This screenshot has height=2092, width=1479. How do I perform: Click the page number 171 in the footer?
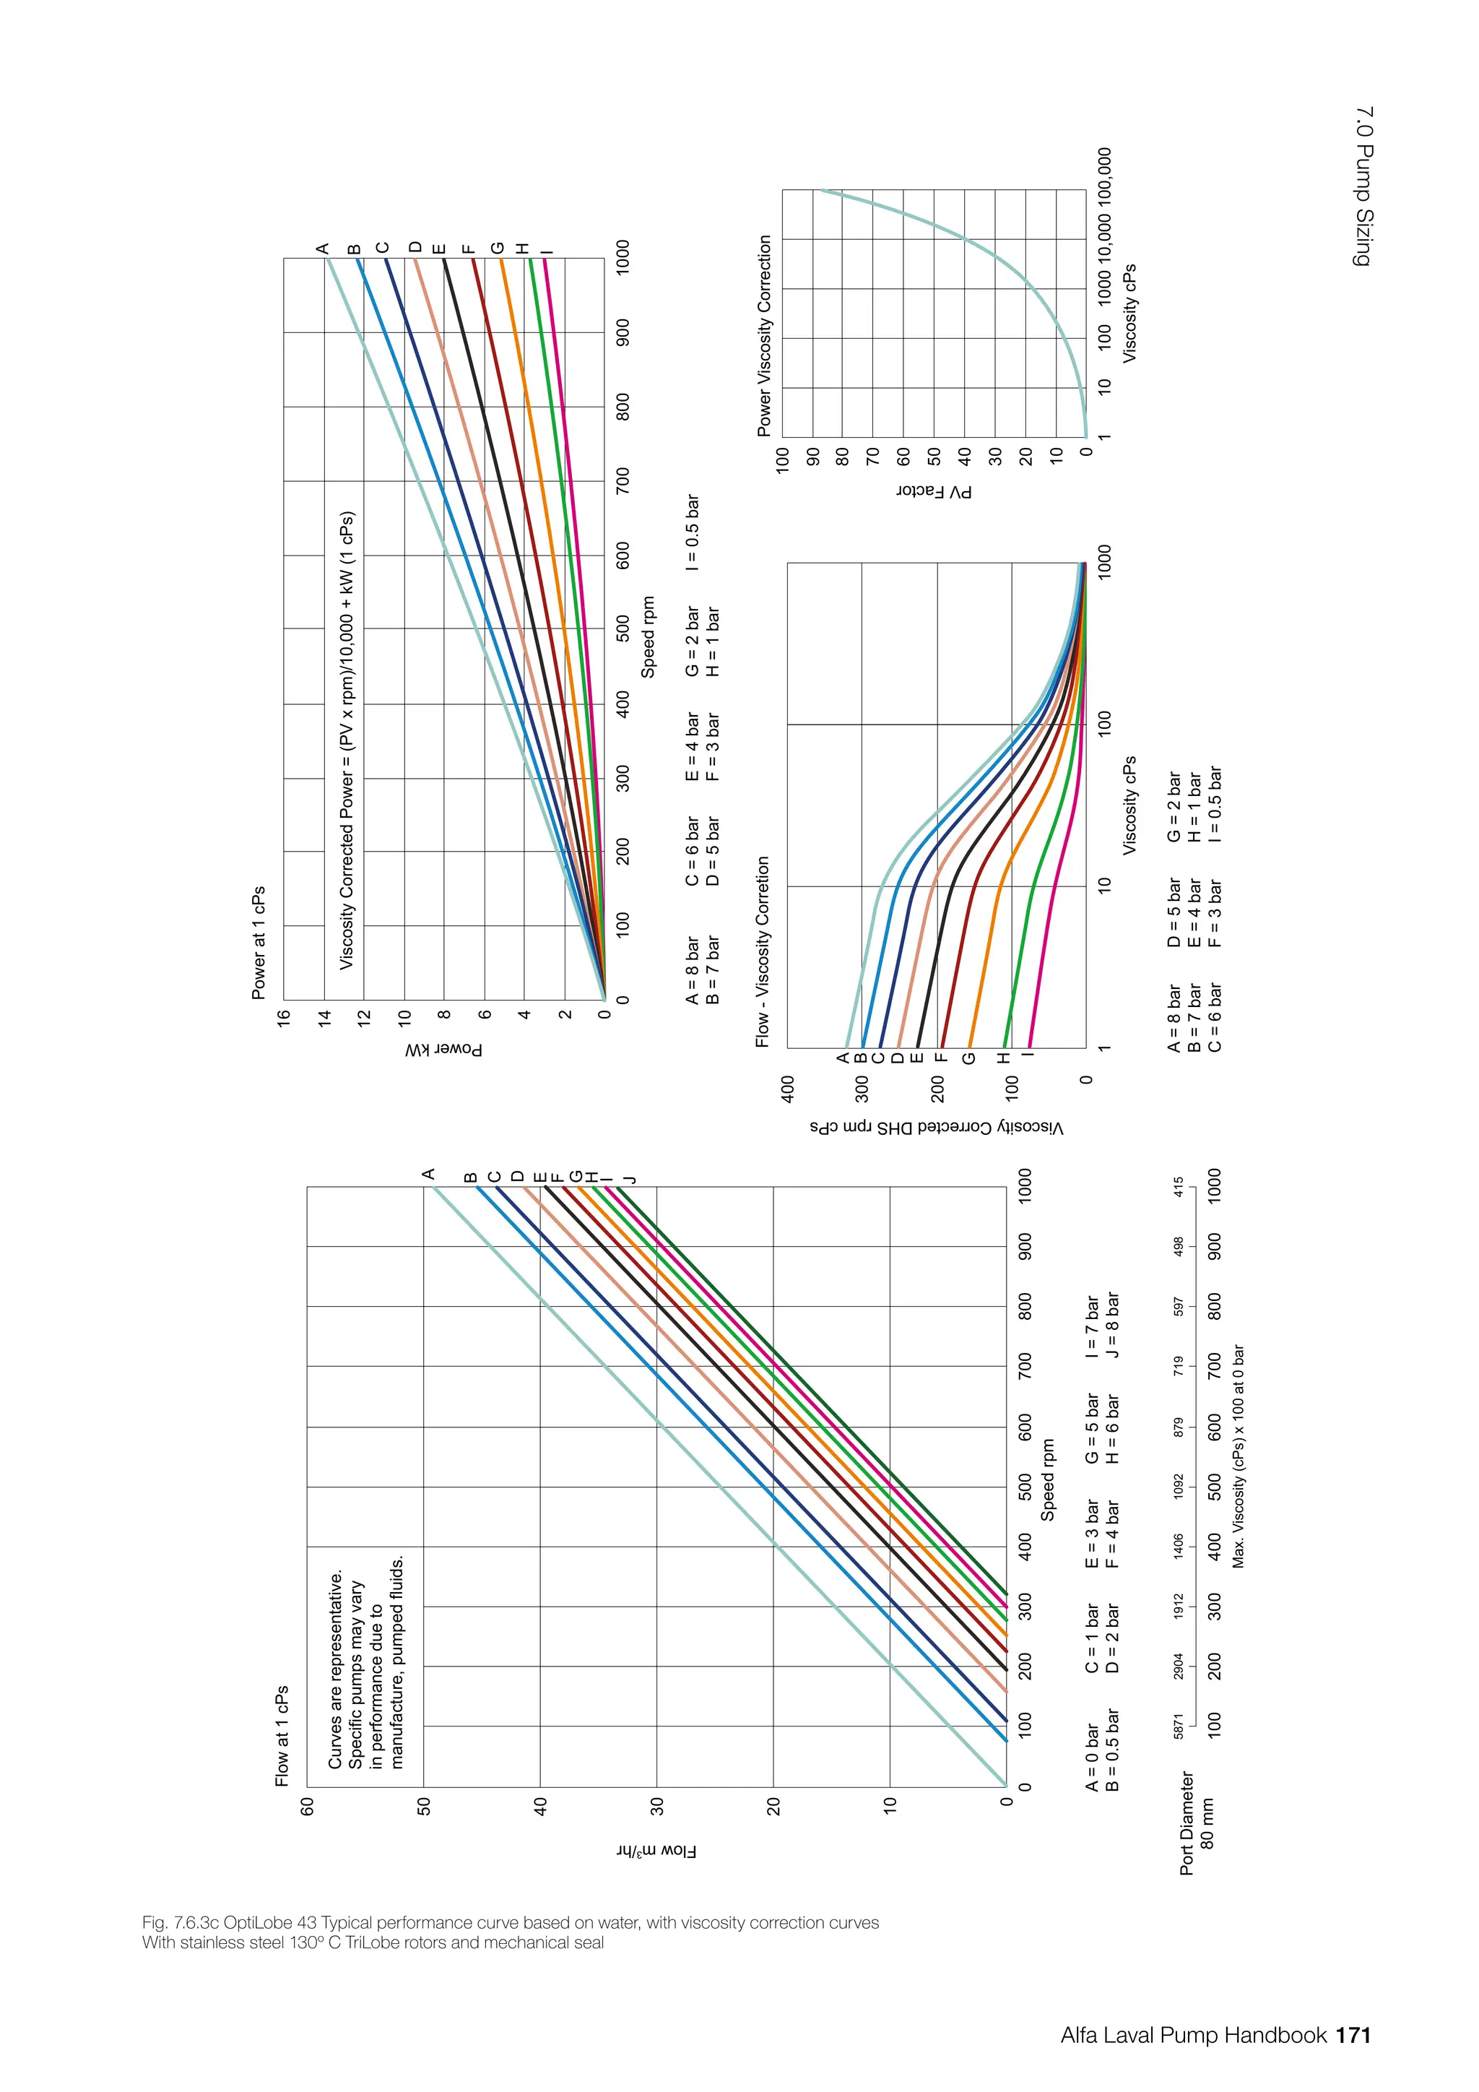(1353, 2036)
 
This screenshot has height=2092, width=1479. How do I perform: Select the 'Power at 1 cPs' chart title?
(259, 942)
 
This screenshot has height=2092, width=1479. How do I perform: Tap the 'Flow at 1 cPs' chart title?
(282, 1735)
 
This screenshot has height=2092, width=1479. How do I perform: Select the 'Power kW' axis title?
(444, 1050)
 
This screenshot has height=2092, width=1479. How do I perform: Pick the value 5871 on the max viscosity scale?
(1179, 1725)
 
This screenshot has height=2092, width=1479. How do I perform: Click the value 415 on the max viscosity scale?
(1179, 1188)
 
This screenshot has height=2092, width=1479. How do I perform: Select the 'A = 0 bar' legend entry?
(1092, 1757)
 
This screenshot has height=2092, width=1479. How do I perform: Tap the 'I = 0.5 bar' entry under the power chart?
(693, 532)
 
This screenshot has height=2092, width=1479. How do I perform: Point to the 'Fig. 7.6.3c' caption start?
(178, 1922)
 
